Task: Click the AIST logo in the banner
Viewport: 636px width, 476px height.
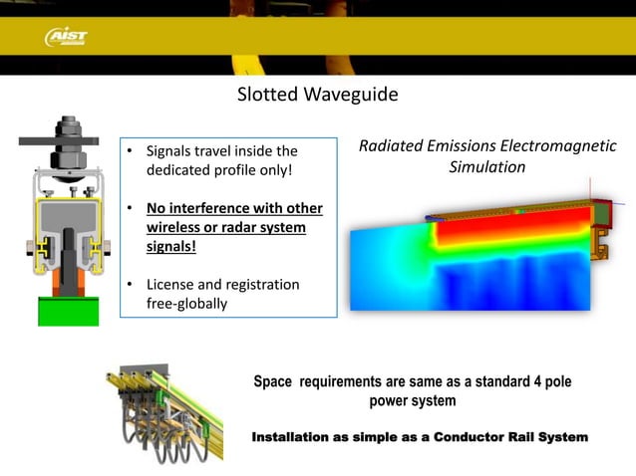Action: coord(67,37)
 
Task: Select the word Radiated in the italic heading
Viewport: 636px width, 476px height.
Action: coord(389,147)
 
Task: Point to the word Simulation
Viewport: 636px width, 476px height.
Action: coord(487,167)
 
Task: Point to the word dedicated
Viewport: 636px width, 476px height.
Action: coord(178,170)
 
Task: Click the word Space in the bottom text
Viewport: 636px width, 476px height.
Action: coord(273,382)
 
